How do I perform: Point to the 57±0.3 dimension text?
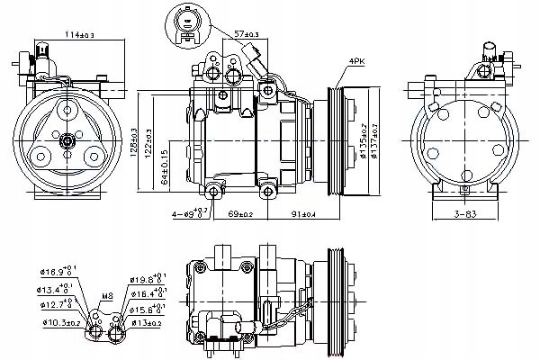(x=246, y=34)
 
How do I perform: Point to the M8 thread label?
(x=105, y=293)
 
